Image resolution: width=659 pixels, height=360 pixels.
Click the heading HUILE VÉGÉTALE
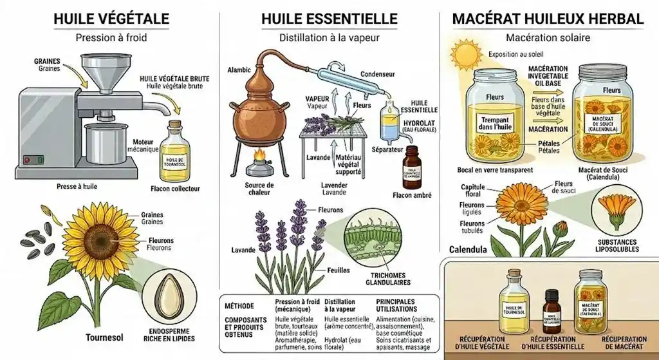111,18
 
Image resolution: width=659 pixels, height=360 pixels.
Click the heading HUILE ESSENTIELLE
329,18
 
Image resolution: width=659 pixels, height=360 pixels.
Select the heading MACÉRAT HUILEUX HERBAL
548,18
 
